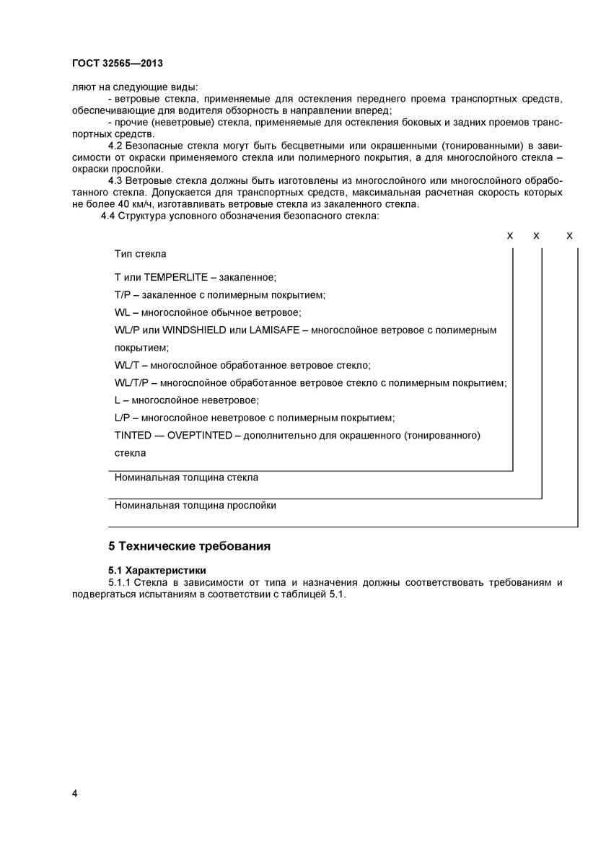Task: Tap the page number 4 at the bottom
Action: (x=75, y=794)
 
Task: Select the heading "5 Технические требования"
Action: (x=189, y=545)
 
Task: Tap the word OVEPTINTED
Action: (x=200, y=435)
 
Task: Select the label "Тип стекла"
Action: (x=140, y=254)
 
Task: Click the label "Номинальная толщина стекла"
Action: (x=186, y=478)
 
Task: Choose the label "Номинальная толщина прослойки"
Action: (x=195, y=506)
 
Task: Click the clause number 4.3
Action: (x=116, y=180)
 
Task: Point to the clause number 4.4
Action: (x=109, y=216)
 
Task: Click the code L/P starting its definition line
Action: (x=121, y=418)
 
